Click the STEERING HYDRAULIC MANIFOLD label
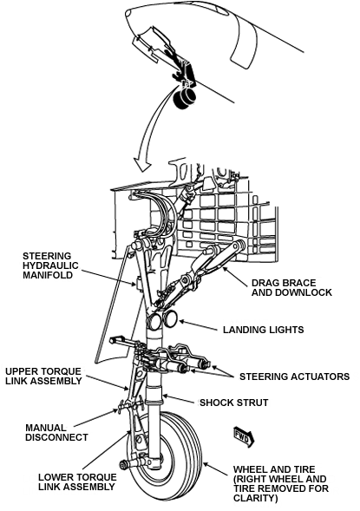coord(53,265)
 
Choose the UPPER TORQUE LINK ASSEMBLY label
coord(43,378)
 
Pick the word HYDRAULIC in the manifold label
coord(54,265)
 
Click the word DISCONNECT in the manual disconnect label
coord(56,437)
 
